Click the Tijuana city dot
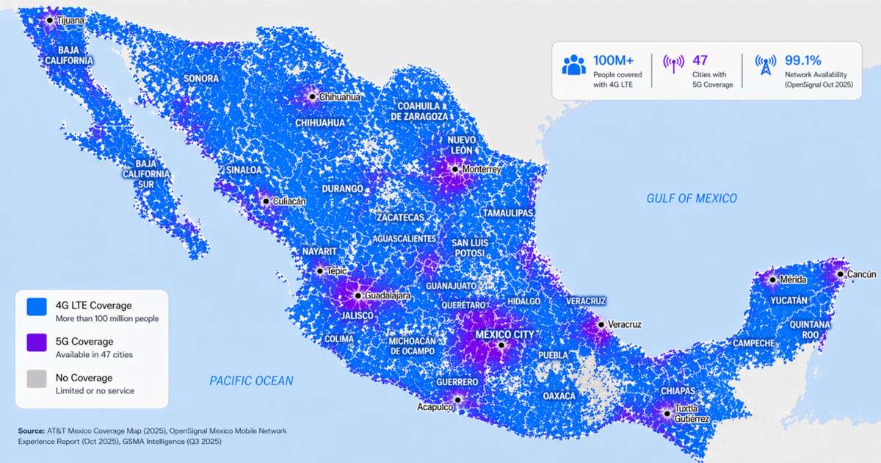[x=50, y=21]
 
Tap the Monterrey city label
[x=482, y=170]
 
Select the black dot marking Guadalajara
[x=358, y=295]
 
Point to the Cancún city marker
[x=841, y=273]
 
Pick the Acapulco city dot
[x=457, y=401]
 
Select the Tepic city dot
[x=319, y=271]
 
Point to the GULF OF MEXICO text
[x=692, y=198]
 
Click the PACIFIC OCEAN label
[x=251, y=381]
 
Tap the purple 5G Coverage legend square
[x=37, y=342]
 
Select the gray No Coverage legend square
[x=37, y=378]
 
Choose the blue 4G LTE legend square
[x=37, y=306]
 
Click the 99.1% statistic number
[x=802, y=60]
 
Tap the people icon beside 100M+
[x=574, y=66]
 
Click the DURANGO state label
[x=343, y=189]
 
